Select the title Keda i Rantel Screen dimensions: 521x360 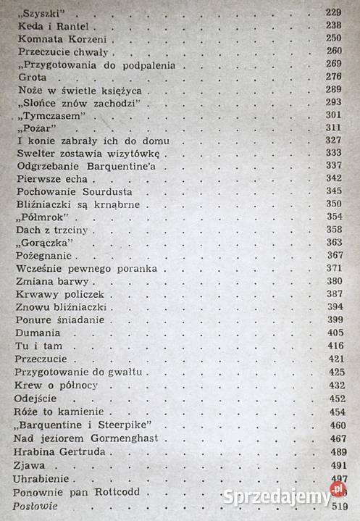[x=49, y=25]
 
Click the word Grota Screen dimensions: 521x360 [x=29, y=76]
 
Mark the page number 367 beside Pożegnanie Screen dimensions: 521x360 [x=334, y=256]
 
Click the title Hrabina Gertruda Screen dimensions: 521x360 [x=59, y=451]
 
